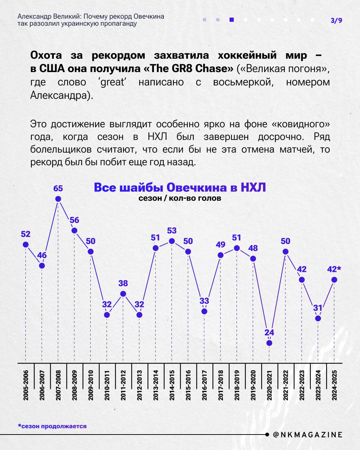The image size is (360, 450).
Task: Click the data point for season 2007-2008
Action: [58, 199]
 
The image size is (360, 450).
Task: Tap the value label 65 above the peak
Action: [58, 188]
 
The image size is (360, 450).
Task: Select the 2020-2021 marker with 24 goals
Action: [269, 343]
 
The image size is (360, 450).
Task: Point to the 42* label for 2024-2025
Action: [334, 269]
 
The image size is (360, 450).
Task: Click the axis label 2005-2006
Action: [26, 385]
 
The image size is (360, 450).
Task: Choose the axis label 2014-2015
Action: [172, 385]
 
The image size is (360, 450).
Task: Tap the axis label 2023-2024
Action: [318, 385]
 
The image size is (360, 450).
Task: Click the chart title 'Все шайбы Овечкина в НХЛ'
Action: [180, 187]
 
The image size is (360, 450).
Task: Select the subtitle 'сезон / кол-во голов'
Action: [180, 198]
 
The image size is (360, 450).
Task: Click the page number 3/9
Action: [336, 20]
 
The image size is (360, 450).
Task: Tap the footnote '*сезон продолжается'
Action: [52, 426]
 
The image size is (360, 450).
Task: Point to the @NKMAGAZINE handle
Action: [308, 435]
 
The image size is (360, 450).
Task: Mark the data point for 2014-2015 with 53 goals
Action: [172, 241]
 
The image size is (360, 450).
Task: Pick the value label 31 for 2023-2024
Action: [318, 308]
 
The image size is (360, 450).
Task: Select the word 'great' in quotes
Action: [112, 82]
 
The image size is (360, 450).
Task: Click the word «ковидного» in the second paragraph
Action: [302, 124]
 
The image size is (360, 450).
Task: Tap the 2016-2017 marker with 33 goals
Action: [204, 311]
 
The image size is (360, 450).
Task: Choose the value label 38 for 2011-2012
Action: [123, 283]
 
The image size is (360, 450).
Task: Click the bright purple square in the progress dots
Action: [232, 20]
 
